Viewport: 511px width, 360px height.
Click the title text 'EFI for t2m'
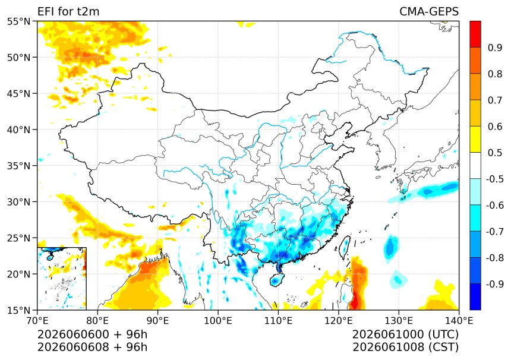[x=68, y=11]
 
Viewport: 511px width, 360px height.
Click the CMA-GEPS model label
[x=429, y=11]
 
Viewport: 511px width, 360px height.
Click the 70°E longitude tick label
[x=37, y=321]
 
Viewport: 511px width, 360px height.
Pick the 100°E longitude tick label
[x=218, y=321]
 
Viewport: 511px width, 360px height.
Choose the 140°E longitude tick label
[x=459, y=321]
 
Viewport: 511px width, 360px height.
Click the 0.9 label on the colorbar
[x=495, y=48]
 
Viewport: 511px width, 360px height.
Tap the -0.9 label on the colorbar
[x=495, y=284]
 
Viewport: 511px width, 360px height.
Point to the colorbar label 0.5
[x=495, y=153]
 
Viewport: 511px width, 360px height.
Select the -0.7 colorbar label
[x=495, y=232]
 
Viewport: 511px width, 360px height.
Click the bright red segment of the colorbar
[x=475, y=34]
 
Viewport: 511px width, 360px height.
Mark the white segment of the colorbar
[x=475, y=166]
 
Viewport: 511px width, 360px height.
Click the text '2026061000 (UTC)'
[x=405, y=334]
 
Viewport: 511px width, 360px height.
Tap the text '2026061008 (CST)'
[x=405, y=347]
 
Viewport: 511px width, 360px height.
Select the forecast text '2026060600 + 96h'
[x=92, y=334]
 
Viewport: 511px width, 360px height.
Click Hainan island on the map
[x=277, y=280]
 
